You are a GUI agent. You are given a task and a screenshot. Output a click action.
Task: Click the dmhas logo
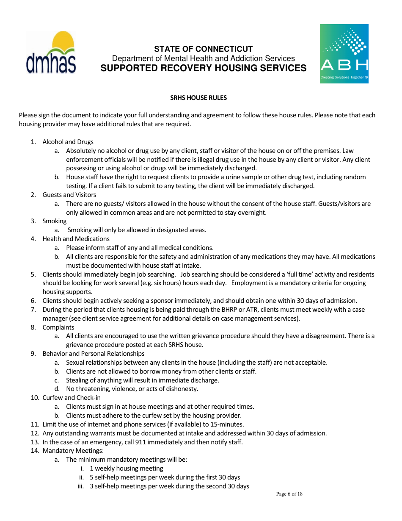click(x=51, y=53)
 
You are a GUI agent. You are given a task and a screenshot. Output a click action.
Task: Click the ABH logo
click(x=344, y=53)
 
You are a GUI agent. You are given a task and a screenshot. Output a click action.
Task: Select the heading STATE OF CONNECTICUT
click(x=203, y=49)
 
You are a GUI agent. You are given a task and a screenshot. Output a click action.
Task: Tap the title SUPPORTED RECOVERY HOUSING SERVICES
click(x=203, y=68)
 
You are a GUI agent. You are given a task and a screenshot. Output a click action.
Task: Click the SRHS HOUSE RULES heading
click(x=198, y=98)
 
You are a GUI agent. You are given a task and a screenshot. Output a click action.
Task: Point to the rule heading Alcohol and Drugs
click(x=68, y=142)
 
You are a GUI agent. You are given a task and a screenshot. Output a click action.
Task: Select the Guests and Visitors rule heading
click(x=69, y=195)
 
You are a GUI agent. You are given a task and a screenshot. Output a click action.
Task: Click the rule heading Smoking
click(x=54, y=221)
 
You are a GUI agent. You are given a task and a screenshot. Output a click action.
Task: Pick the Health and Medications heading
click(x=76, y=239)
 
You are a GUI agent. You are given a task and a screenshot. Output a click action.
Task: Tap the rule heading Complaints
click(x=58, y=327)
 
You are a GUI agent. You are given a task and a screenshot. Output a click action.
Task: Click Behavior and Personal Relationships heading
click(x=93, y=354)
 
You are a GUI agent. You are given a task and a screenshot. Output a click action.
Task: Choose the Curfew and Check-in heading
click(x=71, y=398)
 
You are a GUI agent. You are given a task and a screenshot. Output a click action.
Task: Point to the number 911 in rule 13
click(x=140, y=442)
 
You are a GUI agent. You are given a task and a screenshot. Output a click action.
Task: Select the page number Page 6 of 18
click(x=289, y=494)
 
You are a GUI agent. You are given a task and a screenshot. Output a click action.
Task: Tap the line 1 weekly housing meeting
click(x=126, y=468)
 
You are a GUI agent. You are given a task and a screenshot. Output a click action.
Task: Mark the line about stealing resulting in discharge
click(x=142, y=380)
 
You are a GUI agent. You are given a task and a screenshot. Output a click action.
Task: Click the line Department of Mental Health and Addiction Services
click(x=203, y=58)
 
